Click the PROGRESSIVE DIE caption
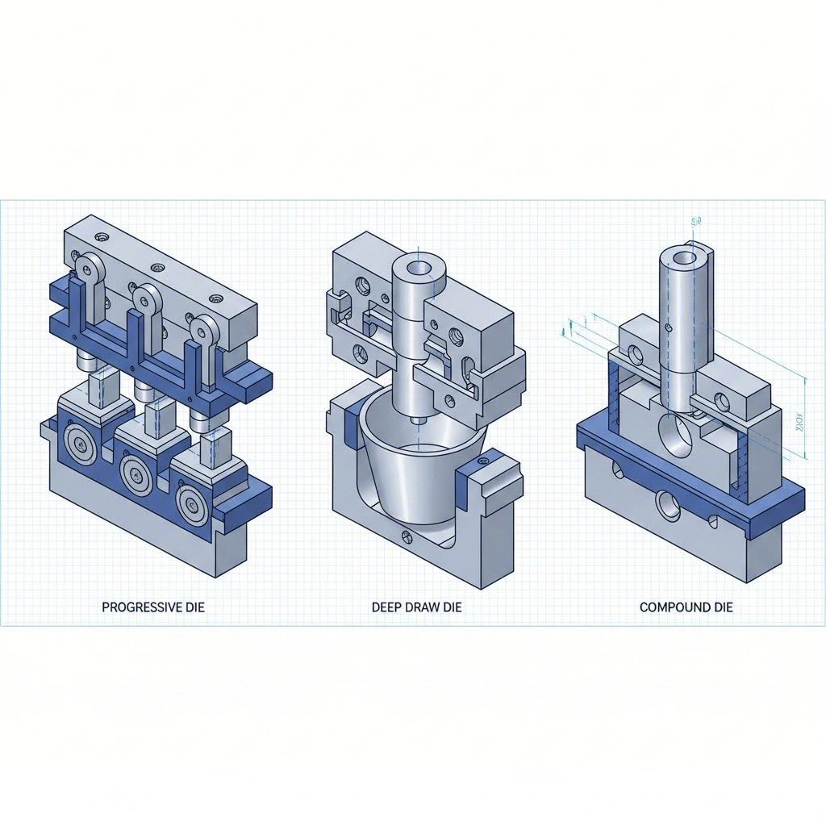pos(153,607)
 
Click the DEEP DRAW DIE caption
pos(417,607)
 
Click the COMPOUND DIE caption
pos(686,607)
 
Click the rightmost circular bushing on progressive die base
pos(194,505)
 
